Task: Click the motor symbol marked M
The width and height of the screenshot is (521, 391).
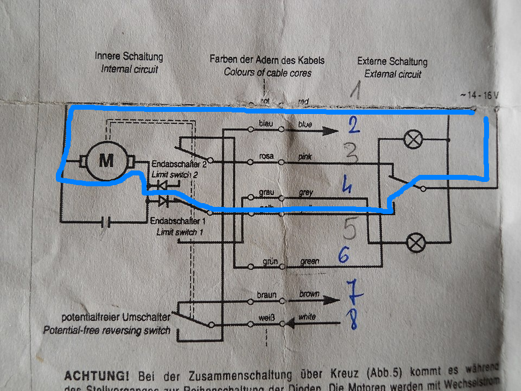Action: tap(106, 160)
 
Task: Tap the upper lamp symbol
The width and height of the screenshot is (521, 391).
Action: tap(414, 140)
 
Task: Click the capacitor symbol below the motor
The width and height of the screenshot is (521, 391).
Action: tap(107, 222)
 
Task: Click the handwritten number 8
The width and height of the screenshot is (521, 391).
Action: tap(354, 320)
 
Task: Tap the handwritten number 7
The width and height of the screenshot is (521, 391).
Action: tap(354, 292)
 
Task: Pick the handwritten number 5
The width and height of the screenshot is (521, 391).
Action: tap(350, 229)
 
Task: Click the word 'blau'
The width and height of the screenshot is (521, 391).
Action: tap(267, 124)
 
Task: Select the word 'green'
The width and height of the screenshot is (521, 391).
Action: tap(309, 261)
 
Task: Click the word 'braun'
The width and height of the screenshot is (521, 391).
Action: tap(266, 294)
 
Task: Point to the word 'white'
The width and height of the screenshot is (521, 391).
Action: tap(307, 317)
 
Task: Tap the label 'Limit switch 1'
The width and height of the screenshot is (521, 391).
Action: tap(180, 231)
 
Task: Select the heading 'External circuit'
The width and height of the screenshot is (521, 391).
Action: tap(392, 74)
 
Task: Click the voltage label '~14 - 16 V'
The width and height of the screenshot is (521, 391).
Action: tap(479, 95)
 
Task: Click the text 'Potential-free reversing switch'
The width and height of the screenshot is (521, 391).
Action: tap(106, 330)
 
